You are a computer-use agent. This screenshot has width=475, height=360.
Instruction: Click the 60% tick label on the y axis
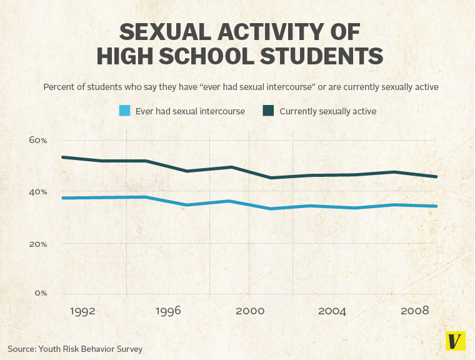37,140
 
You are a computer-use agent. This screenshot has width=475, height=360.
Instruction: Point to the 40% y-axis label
37,192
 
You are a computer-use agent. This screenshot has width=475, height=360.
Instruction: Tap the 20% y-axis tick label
37,244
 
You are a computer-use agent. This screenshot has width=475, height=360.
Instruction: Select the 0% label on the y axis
40,292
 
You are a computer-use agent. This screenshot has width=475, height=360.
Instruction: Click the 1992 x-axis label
82,311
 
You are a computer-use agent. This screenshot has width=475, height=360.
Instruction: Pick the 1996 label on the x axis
167,311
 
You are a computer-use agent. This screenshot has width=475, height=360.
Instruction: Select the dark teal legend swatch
268,111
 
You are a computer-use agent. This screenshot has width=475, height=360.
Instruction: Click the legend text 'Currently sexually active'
327,111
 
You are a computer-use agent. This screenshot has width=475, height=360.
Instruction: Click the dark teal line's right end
436,176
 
